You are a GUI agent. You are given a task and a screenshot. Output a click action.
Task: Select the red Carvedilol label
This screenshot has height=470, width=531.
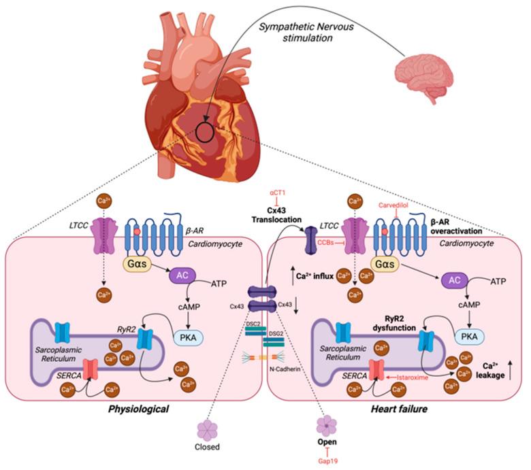tap(395, 204)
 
